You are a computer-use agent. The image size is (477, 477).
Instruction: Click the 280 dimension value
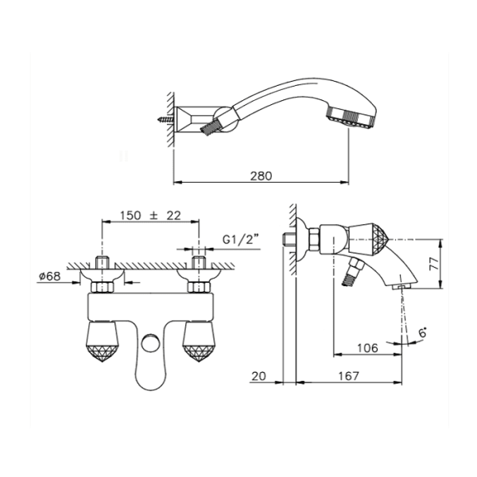coord(261,176)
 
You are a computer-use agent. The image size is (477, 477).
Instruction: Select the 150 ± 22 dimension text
coord(150,215)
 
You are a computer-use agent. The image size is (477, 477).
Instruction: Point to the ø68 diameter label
coord(49,276)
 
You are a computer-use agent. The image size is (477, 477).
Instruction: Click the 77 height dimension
coord(435,264)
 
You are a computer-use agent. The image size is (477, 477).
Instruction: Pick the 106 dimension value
coord(367,347)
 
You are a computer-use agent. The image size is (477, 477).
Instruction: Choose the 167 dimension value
coord(349,376)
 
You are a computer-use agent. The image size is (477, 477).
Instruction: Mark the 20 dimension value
coord(258,376)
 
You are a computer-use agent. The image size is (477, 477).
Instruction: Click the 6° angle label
coord(423,332)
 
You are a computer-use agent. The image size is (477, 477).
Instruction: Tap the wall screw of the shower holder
coord(166,119)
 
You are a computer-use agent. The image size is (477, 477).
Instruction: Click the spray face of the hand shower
coord(351,120)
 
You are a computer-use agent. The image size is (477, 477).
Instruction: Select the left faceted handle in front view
coord(103,342)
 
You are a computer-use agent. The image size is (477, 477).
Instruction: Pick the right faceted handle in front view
coord(198,342)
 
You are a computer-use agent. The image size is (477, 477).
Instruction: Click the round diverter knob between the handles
coord(149,343)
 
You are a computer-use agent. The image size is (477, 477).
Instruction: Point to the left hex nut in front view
coord(103,287)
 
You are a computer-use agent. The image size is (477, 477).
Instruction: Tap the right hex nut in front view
coord(199,287)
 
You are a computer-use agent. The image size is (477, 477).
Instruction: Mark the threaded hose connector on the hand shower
coord(210,127)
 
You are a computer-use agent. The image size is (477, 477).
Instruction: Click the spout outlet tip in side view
coord(401,286)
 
